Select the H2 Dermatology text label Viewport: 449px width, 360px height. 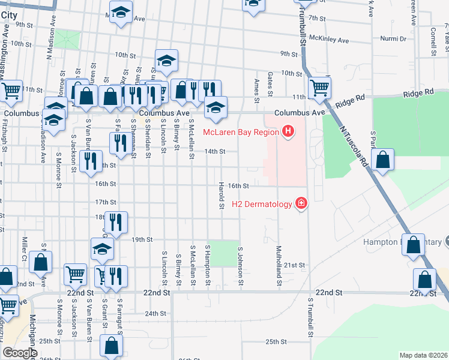(262, 205)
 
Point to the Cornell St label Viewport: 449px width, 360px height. (432, 40)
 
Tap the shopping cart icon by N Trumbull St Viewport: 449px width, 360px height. (319, 88)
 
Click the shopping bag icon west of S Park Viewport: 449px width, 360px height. (382, 160)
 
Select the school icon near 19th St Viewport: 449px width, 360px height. (102, 248)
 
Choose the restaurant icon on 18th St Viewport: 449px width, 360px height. (116, 221)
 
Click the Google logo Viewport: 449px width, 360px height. (20, 353)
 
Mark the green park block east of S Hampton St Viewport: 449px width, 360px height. (223, 253)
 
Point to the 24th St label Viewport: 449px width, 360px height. (155, 313)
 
